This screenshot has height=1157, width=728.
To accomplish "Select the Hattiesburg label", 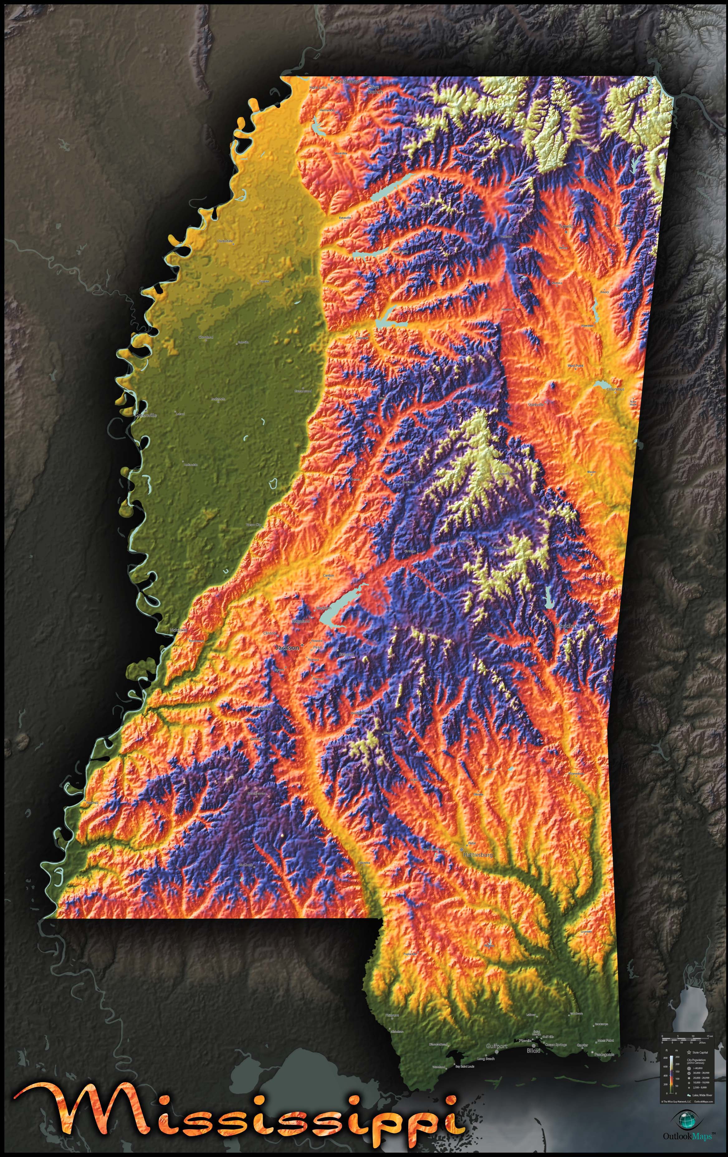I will coord(478,855).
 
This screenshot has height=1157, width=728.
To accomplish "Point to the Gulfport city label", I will coord(497,1046).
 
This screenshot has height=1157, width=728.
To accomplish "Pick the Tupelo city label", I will coord(566,226).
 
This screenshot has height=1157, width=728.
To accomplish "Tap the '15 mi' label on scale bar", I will coord(710,1036).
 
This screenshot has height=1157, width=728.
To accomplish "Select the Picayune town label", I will coord(392,1015).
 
